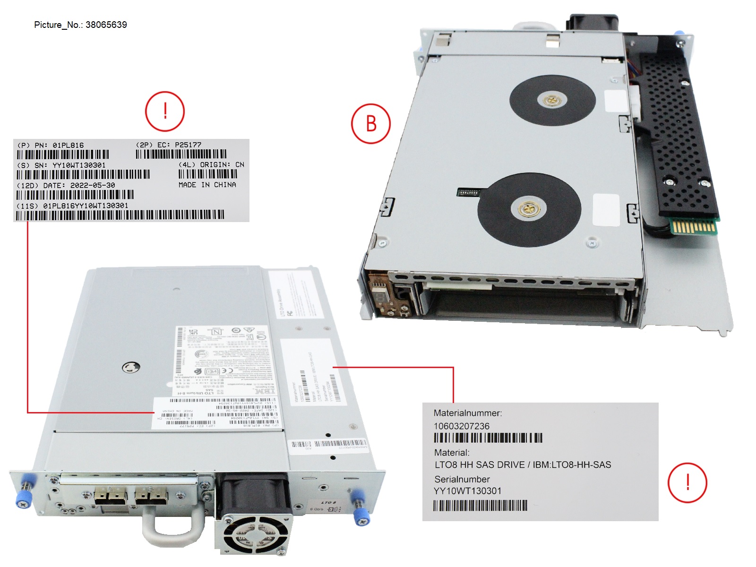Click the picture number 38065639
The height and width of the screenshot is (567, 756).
106,25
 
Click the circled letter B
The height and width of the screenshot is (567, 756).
371,124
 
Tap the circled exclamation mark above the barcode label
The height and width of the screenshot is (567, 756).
164,112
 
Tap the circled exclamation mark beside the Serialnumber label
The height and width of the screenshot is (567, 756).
687,482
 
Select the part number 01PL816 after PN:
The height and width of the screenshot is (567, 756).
68,145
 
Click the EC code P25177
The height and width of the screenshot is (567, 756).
188,145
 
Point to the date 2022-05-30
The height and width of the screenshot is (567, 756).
93,185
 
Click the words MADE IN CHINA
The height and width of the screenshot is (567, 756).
207,185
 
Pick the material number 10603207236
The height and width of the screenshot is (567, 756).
462,426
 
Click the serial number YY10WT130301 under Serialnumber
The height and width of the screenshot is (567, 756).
467,491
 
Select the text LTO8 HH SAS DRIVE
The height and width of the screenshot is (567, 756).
480,464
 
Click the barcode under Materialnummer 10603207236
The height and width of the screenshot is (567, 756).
488,438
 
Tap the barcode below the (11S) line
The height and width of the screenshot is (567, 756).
120,215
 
